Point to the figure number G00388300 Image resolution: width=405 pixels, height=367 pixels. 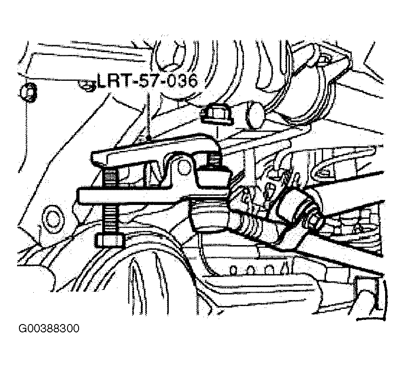tap(49, 328)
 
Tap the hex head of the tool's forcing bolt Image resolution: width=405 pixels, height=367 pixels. tap(110, 241)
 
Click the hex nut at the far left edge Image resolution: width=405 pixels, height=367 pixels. tap(28, 92)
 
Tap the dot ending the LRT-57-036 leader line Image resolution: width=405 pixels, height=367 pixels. tap(148, 139)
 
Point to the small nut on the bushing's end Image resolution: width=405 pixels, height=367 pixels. tap(313, 220)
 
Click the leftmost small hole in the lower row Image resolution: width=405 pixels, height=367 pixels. tap(233, 270)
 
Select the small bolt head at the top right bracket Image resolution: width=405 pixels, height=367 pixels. tap(323, 60)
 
